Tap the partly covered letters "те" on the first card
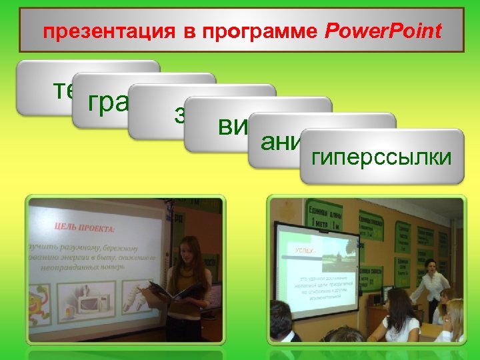click(x=63, y=89)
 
